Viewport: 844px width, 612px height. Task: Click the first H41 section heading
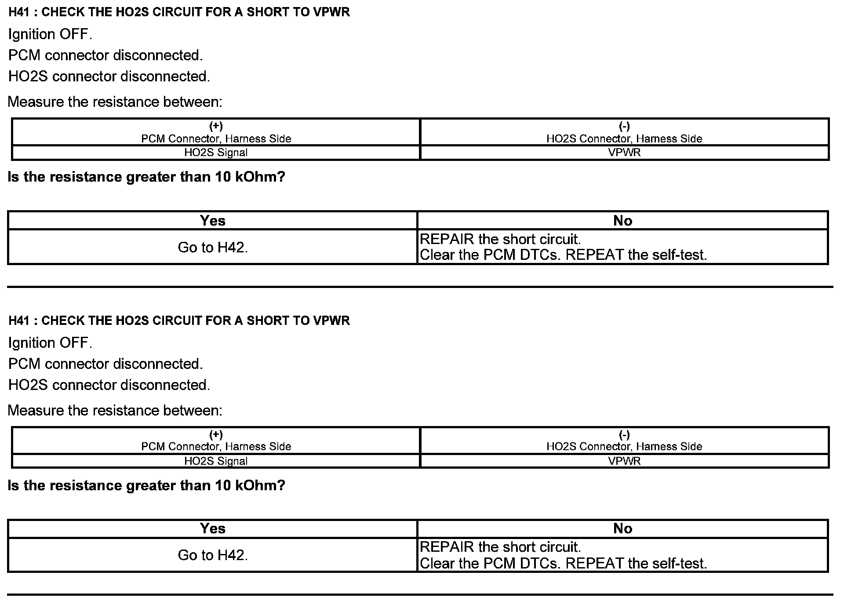click(x=179, y=12)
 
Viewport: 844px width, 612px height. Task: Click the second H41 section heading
click(x=179, y=321)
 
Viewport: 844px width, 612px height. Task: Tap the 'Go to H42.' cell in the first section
click(x=213, y=248)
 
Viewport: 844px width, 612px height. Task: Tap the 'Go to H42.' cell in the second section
click(x=213, y=555)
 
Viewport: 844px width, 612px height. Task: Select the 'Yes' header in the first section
click(x=213, y=221)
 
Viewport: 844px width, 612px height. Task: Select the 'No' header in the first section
click(x=622, y=221)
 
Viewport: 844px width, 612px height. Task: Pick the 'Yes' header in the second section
click(x=213, y=528)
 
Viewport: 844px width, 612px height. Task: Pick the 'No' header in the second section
click(x=622, y=528)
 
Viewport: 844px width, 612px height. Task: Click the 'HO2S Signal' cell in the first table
click(x=216, y=153)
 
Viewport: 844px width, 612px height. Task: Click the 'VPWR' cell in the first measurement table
click(x=624, y=153)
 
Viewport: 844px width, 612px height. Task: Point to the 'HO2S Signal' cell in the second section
click(x=216, y=461)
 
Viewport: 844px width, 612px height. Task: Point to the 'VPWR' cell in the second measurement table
click(x=624, y=461)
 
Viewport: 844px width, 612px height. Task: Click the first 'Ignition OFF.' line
click(x=50, y=34)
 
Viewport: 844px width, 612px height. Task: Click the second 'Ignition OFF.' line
click(x=50, y=343)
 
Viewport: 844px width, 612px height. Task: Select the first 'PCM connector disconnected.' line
click(x=105, y=55)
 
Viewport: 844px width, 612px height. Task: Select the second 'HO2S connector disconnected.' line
click(x=109, y=385)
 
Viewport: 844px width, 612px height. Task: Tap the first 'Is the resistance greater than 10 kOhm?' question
click(x=146, y=177)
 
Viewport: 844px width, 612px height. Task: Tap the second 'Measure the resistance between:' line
click(x=115, y=411)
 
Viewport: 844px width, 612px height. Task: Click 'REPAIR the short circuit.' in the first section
click(x=500, y=240)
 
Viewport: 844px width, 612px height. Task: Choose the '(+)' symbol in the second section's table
click(x=216, y=435)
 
